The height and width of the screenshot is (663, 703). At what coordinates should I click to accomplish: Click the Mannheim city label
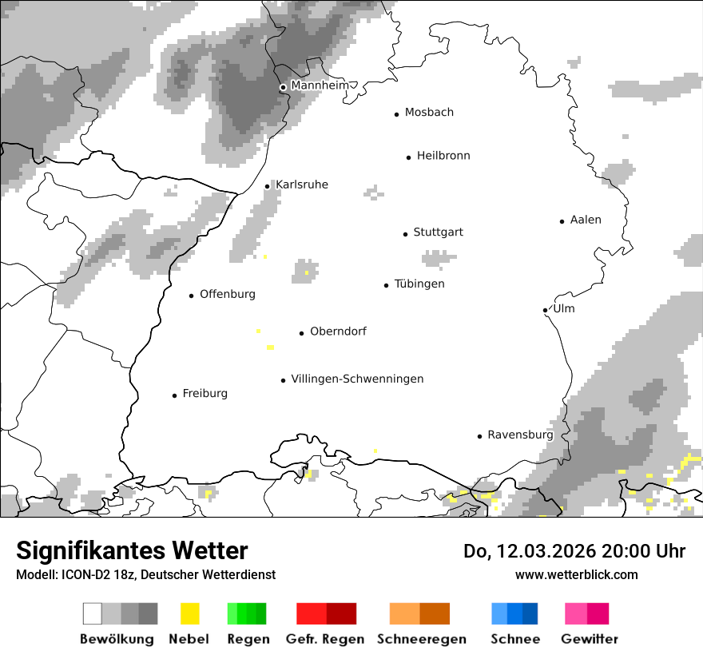[x=320, y=85]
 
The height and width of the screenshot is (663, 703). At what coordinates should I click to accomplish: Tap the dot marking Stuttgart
[x=405, y=234]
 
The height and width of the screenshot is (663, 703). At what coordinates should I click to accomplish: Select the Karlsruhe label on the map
[x=302, y=185]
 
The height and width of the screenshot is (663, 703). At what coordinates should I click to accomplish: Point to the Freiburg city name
[x=205, y=394]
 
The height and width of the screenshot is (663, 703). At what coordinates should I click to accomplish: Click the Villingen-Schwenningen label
[x=357, y=379]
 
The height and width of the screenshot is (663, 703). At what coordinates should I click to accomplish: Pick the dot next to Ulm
[x=545, y=310]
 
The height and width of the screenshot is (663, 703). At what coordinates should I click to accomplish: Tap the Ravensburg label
[x=520, y=435]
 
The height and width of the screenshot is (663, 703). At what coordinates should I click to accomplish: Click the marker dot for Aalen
[x=562, y=221]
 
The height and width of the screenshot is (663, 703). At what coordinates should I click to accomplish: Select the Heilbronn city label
[x=443, y=156]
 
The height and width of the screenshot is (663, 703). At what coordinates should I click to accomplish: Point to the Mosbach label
[x=429, y=113]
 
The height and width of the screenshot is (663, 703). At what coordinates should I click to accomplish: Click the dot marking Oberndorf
[x=302, y=333]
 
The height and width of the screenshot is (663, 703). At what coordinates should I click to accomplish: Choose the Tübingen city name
[x=419, y=284]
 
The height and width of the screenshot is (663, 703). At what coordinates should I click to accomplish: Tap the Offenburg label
[x=228, y=294]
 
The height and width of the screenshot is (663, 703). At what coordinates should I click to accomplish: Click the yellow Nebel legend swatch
[x=189, y=613]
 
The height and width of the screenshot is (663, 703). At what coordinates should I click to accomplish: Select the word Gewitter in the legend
[x=590, y=639]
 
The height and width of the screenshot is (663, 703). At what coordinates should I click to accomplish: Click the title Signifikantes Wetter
[x=132, y=550]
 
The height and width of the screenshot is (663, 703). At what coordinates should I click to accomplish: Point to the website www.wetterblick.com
[x=576, y=574]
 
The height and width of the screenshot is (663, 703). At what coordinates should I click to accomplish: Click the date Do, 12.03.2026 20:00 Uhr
[x=574, y=551]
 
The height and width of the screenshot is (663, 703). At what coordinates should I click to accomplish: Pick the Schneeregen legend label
[x=420, y=639]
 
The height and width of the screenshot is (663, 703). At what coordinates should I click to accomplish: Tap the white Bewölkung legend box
[x=93, y=613]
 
